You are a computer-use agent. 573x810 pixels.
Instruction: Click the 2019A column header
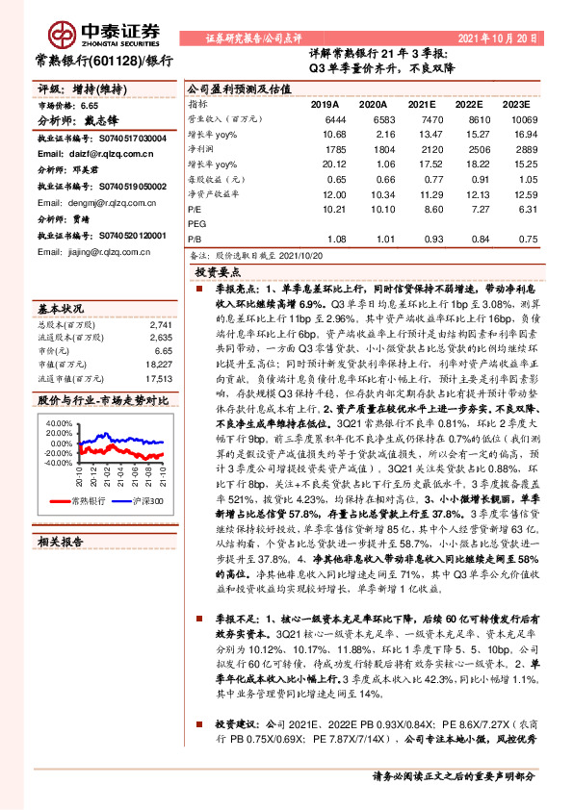tap(325, 103)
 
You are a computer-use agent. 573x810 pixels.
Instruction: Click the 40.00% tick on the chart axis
tap(58, 423)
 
